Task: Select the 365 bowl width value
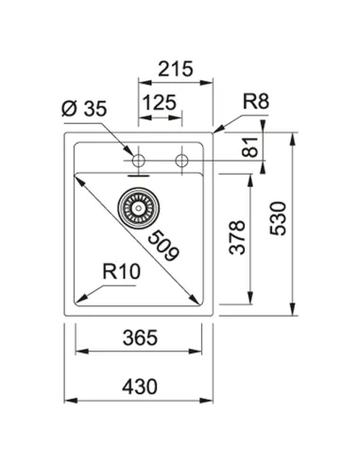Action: tap(138, 337)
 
